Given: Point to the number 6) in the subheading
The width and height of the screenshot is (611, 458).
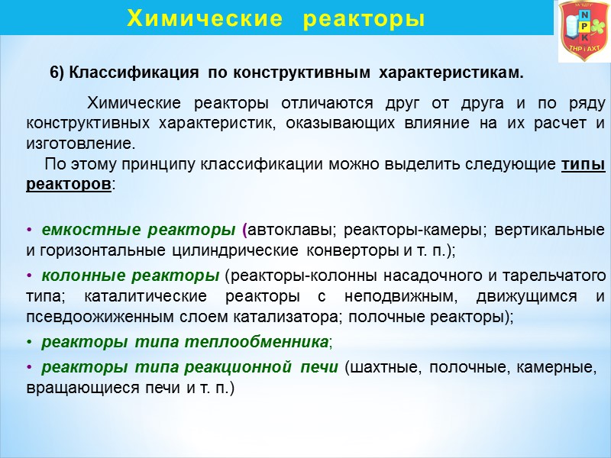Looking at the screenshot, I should coord(58,73).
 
